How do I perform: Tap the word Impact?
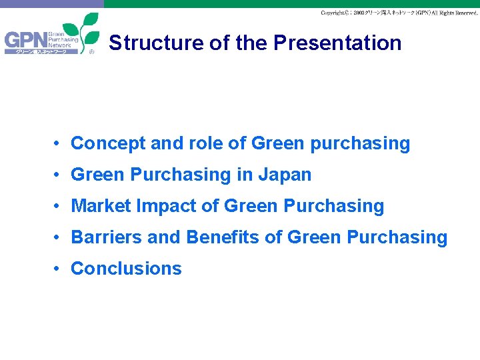(x=165, y=206)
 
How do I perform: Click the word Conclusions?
(x=126, y=269)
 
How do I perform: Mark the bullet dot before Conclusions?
(x=59, y=269)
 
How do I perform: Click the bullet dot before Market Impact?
(x=59, y=206)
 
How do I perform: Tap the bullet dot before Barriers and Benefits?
(x=59, y=237)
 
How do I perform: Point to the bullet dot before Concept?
(x=59, y=143)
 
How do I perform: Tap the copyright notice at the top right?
(x=399, y=13)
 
